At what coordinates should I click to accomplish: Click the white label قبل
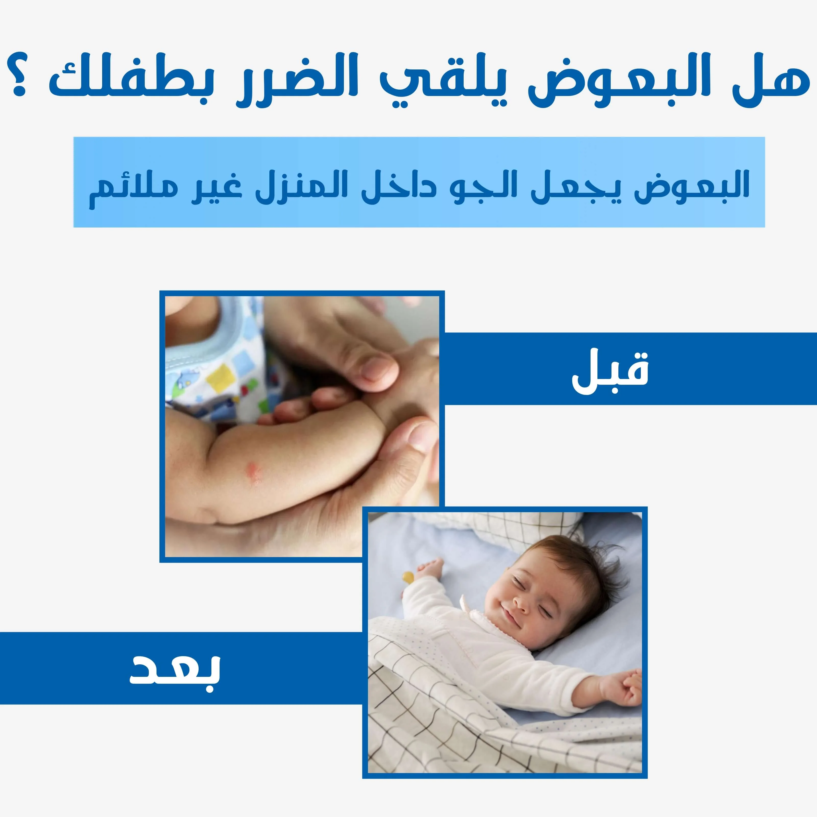pyautogui.click(x=610, y=368)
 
